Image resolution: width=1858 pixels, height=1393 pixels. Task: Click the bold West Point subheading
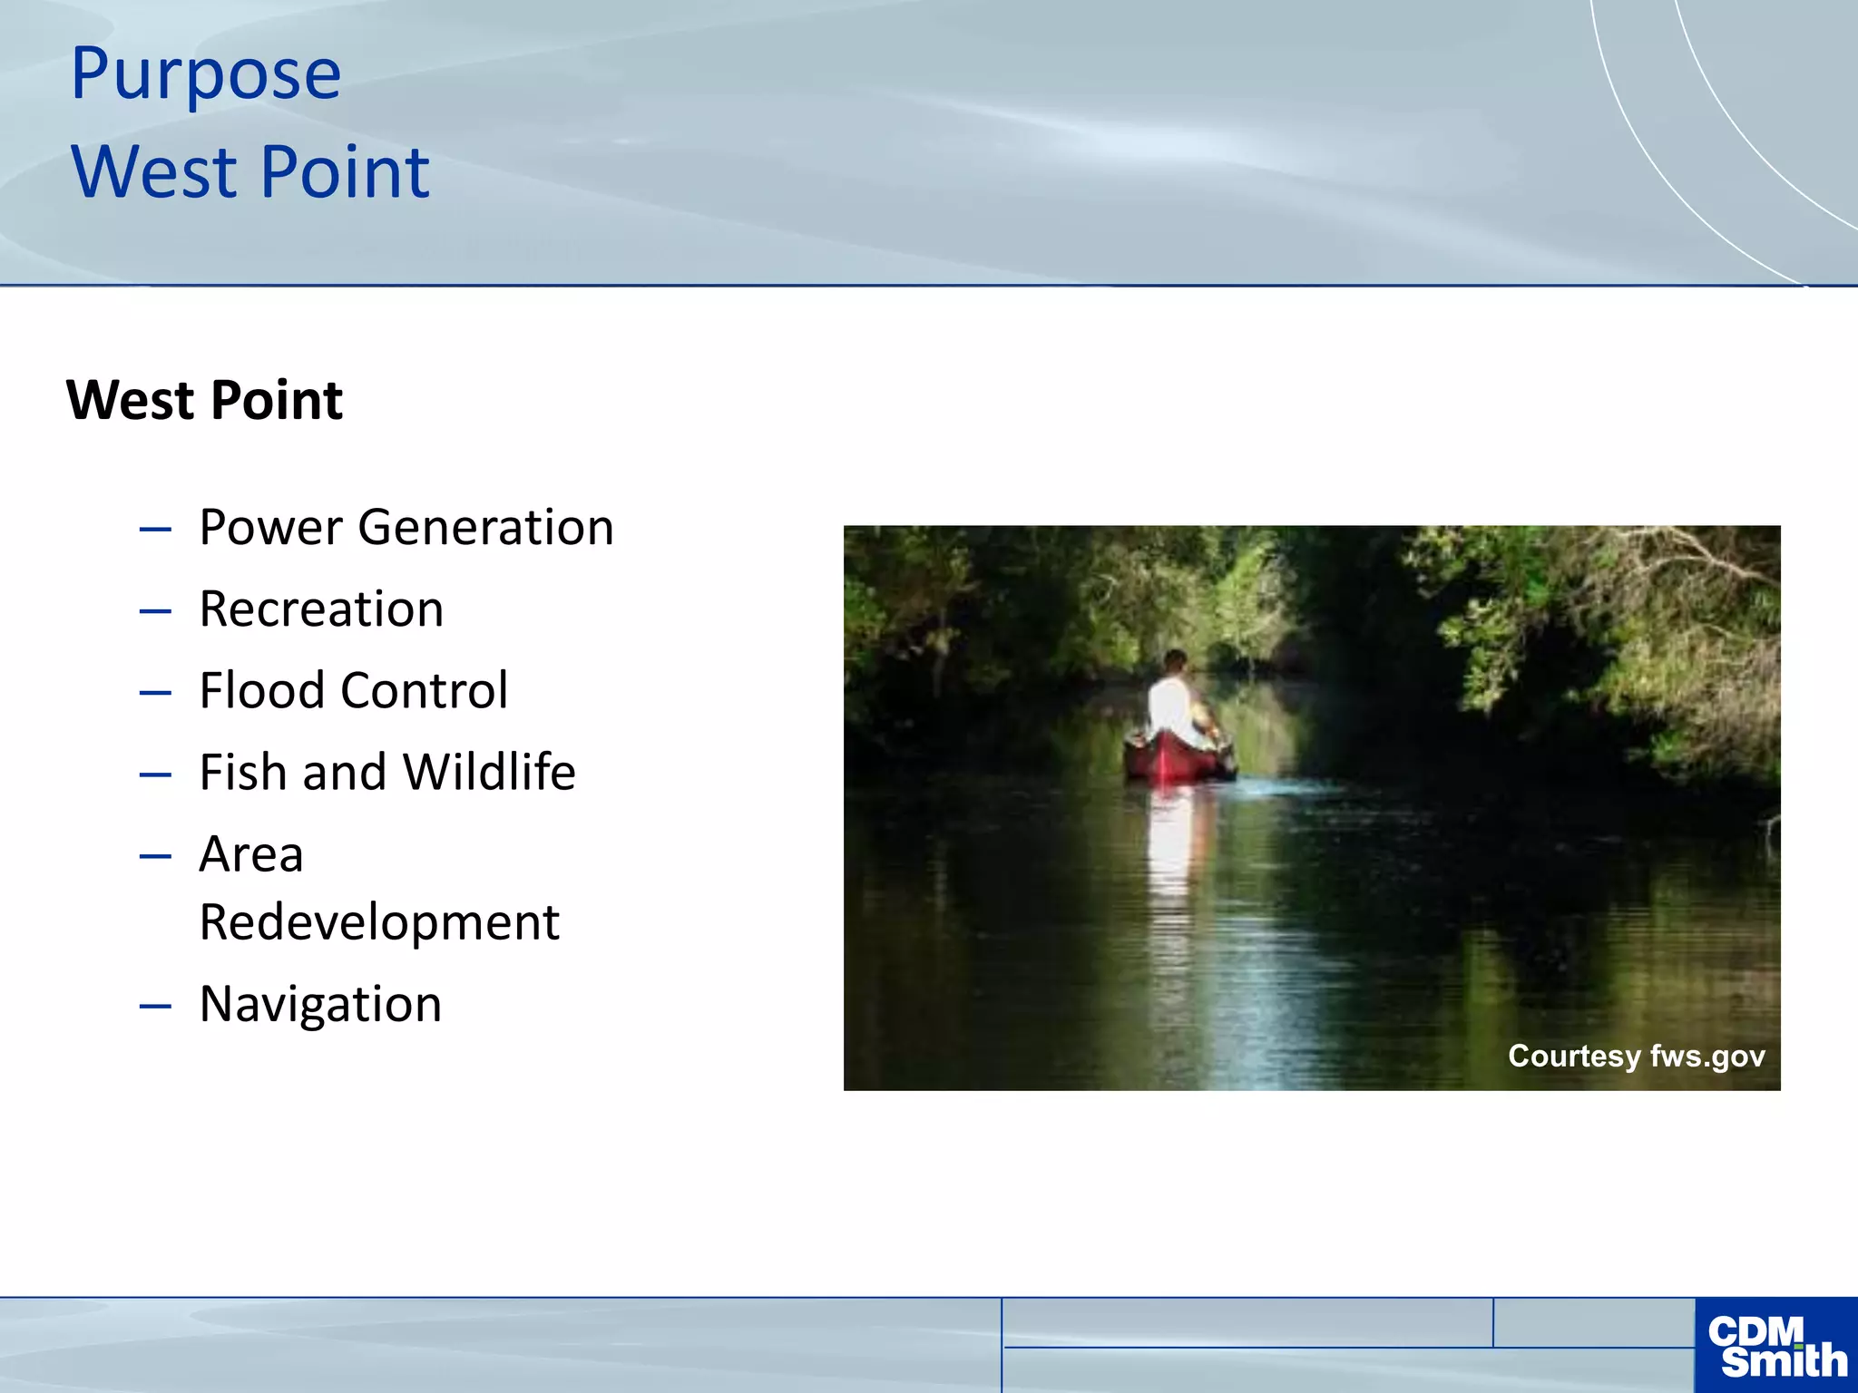tap(205, 400)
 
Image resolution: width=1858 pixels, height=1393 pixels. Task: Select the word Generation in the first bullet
tap(485, 527)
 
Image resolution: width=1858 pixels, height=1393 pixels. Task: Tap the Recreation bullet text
tap(321, 609)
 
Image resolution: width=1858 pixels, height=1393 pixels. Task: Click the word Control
tap(424, 690)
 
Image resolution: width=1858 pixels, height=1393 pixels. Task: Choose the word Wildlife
tap(489, 772)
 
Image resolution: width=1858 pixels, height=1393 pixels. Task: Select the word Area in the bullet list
tap(251, 854)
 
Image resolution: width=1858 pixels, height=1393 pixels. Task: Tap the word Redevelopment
tap(379, 922)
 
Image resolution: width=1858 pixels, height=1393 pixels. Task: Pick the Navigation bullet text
tap(320, 1004)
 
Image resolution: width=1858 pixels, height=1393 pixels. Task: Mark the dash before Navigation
tap(155, 1006)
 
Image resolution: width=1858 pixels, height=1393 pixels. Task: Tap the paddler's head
tap(1176, 661)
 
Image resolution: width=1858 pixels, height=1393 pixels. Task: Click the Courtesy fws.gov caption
tap(1636, 1056)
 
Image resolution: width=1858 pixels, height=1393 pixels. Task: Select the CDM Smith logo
tap(1775, 1346)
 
